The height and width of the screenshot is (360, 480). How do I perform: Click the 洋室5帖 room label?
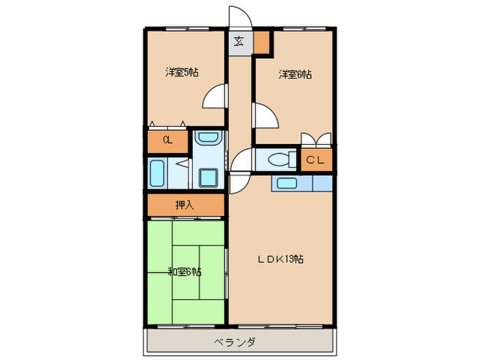pyautogui.click(x=182, y=72)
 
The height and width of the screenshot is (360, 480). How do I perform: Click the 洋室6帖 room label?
pyautogui.click(x=295, y=75)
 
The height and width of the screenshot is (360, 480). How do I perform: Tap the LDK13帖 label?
pyautogui.click(x=281, y=259)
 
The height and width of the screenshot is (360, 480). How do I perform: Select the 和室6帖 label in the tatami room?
pyautogui.click(x=184, y=272)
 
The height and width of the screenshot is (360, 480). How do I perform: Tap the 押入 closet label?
pyautogui.click(x=184, y=204)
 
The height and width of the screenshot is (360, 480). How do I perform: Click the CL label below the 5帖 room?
pyautogui.click(x=167, y=141)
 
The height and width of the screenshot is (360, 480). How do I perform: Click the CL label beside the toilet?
pyautogui.click(x=315, y=160)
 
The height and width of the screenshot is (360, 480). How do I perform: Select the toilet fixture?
pyautogui.click(x=278, y=160)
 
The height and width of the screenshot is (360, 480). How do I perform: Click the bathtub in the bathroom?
pyautogui.click(x=157, y=174)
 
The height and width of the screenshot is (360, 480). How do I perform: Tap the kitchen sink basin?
pyautogui.click(x=285, y=183)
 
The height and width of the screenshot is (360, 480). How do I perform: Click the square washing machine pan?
pyautogui.click(x=208, y=178)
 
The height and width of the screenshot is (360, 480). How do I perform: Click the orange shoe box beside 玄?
pyautogui.click(x=262, y=43)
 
